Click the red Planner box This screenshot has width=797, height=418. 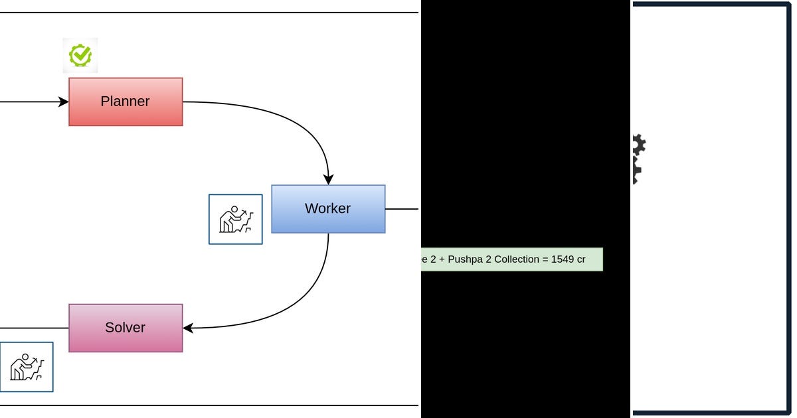(x=126, y=102)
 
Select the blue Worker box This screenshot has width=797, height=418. (x=328, y=209)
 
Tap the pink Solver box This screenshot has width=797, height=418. (x=126, y=328)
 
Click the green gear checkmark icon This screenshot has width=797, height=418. (x=80, y=56)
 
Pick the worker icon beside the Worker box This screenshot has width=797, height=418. (x=236, y=220)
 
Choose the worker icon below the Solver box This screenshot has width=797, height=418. (x=27, y=367)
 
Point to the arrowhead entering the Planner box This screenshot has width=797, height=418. (x=64, y=102)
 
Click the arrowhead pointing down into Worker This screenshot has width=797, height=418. (x=328, y=180)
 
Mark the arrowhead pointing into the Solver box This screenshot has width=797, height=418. (x=188, y=328)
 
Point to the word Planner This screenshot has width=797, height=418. (x=125, y=102)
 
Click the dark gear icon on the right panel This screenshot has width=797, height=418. (x=639, y=159)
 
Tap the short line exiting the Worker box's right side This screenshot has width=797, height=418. (x=402, y=209)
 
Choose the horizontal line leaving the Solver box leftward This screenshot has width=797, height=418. (x=34, y=328)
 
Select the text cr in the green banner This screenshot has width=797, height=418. (x=580, y=260)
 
